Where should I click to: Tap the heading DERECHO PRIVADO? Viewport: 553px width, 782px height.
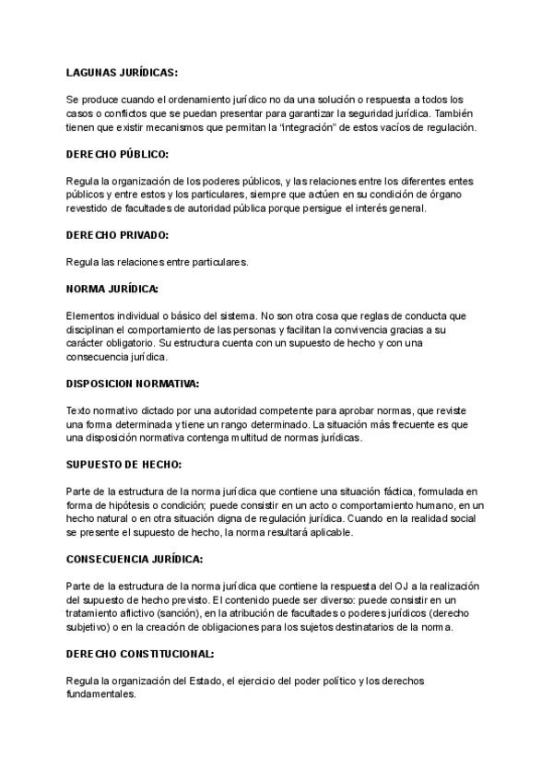point(117,235)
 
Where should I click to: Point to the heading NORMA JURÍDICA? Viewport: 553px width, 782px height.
point(112,289)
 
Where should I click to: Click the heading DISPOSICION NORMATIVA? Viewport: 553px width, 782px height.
point(132,383)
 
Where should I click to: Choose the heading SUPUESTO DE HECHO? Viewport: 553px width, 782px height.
point(124,464)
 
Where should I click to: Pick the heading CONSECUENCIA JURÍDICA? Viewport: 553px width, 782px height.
point(135,559)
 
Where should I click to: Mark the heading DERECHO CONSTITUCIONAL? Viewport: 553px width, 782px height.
point(140,654)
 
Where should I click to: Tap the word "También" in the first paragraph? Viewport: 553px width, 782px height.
point(453,113)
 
